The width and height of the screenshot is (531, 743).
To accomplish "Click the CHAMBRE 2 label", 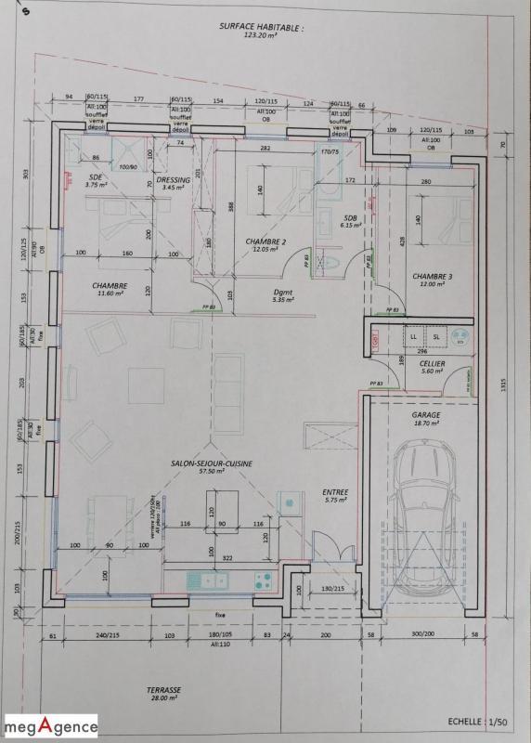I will (x=265, y=241).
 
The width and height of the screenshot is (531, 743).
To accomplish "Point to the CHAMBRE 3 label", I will (x=433, y=276).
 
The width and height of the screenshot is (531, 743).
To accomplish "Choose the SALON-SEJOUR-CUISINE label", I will (x=213, y=462).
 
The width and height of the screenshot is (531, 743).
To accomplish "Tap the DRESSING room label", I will (x=174, y=179).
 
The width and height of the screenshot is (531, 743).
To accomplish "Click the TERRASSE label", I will (x=163, y=691).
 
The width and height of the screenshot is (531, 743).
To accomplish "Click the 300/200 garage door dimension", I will (x=423, y=634).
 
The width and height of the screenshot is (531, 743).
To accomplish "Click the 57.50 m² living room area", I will (x=213, y=472).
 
